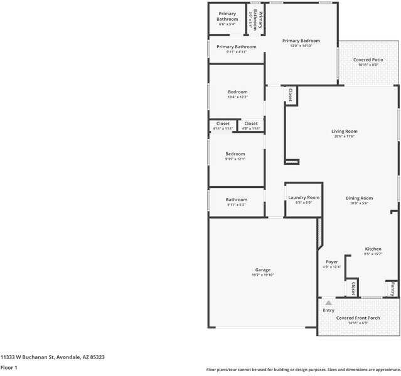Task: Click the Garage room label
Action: coord(262,270)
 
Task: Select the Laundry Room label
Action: coord(304,197)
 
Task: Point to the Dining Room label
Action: coord(359,198)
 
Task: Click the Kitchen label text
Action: coord(373,249)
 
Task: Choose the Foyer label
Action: coord(331,262)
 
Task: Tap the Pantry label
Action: coord(392,289)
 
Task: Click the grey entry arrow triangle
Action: coord(328,303)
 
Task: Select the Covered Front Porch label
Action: coord(358,318)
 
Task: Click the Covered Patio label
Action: coord(368,60)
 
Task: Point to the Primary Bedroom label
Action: coord(301,41)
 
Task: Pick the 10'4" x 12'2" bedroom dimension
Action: coord(237,97)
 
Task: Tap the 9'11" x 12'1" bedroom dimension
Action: coord(235,159)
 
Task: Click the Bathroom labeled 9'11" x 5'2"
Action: coord(237,200)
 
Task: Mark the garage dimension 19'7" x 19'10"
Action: coord(262,274)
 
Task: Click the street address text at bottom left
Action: coord(53,357)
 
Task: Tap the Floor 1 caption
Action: coord(9,367)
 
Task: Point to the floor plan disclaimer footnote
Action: coord(303,370)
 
